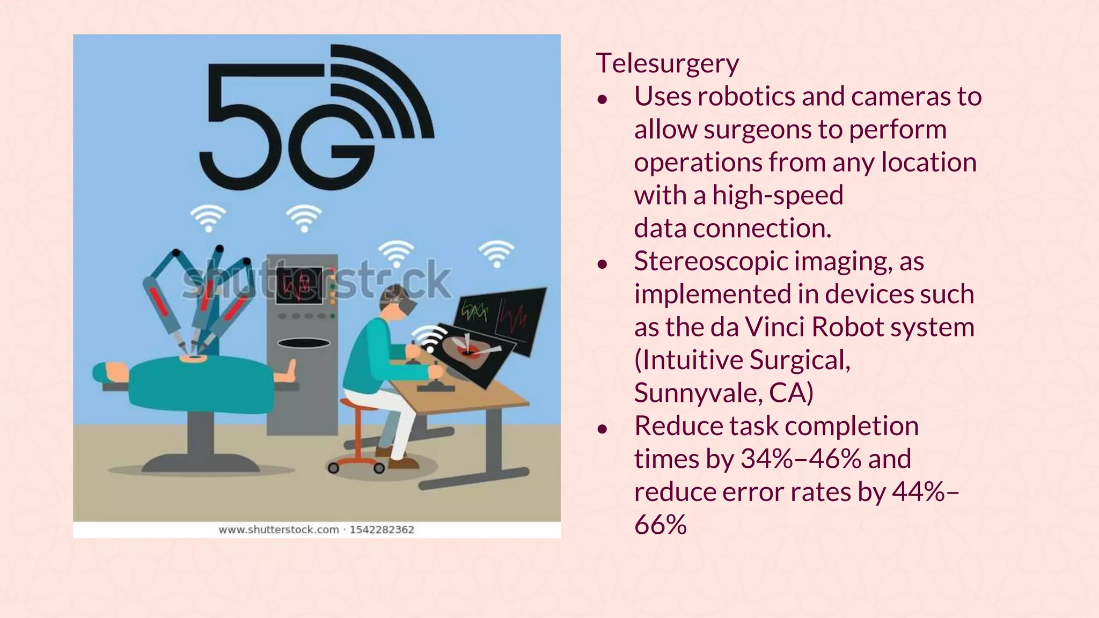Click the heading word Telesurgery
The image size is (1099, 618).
pyautogui.click(x=667, y=63)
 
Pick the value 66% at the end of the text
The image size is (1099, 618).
pyautogui.click(x=660, y=525)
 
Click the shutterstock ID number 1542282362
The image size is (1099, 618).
pyautogui.click(x=382, y=530)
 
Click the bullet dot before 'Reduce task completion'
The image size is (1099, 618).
pyautogui.click(x=603, y=428)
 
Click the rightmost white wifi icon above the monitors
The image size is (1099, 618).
pyautogui.click(x=496, y=253)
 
